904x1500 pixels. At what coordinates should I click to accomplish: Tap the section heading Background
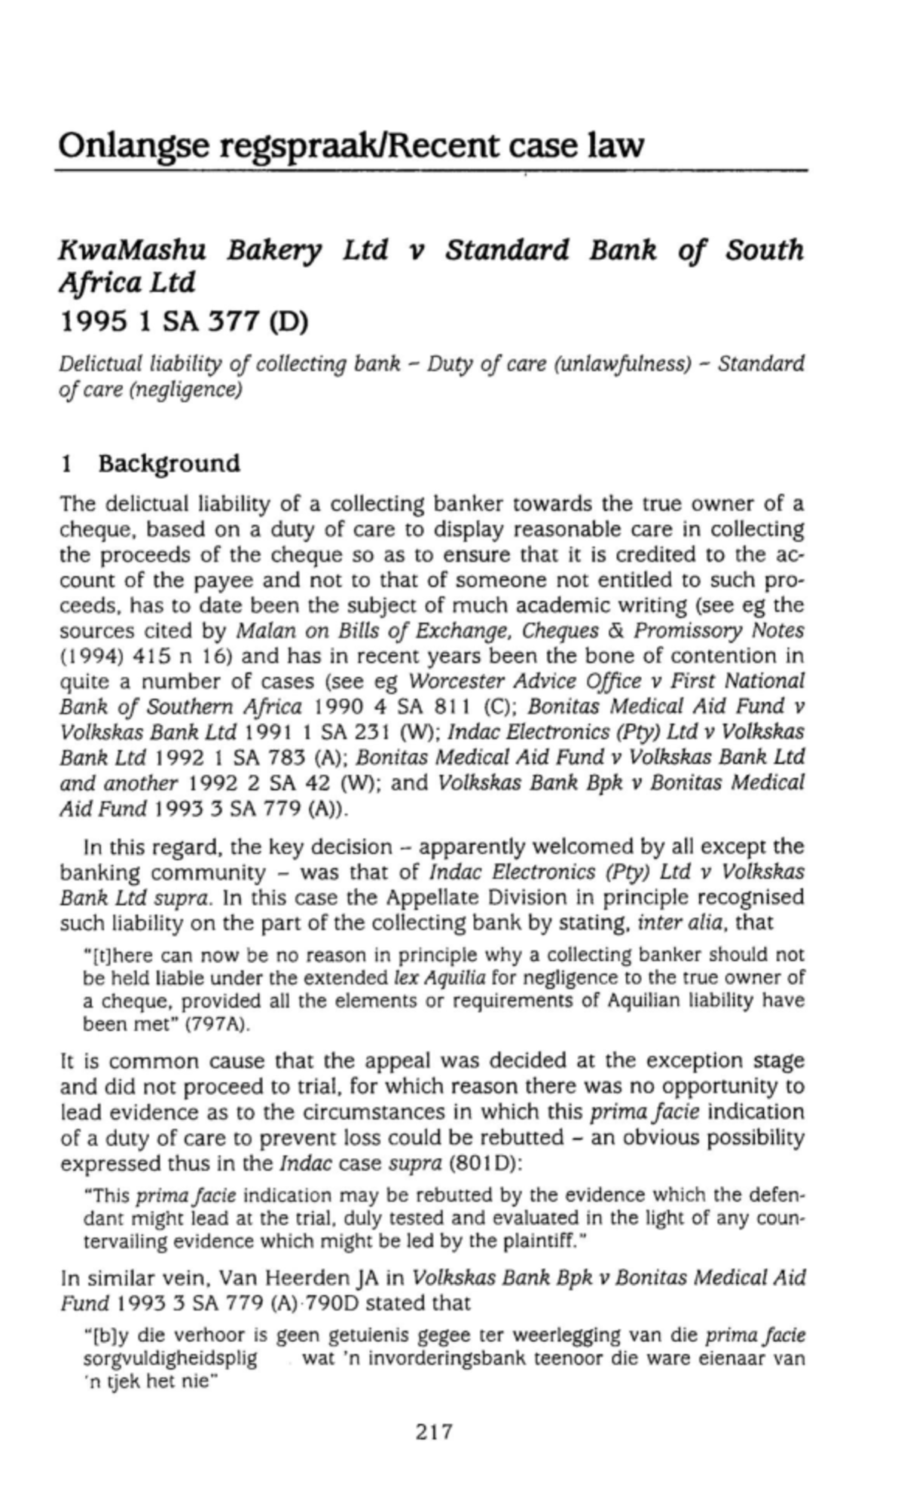point(169,463)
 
